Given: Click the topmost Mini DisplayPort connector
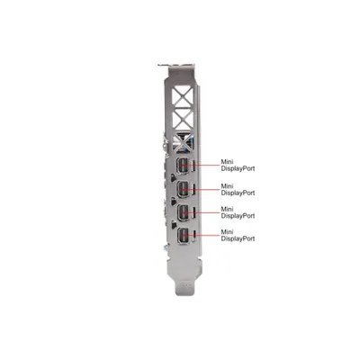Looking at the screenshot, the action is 182,166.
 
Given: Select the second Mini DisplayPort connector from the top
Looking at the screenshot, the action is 182,189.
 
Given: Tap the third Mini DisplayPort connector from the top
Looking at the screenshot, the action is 182,212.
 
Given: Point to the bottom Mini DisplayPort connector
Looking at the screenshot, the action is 182,236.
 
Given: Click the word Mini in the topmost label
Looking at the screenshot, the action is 227,162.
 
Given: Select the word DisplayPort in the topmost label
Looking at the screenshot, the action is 238,168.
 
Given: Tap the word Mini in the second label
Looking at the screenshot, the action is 227,186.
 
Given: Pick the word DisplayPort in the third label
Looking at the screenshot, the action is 238,216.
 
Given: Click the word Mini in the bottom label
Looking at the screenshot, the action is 227,232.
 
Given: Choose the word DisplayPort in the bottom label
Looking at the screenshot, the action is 238,238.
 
